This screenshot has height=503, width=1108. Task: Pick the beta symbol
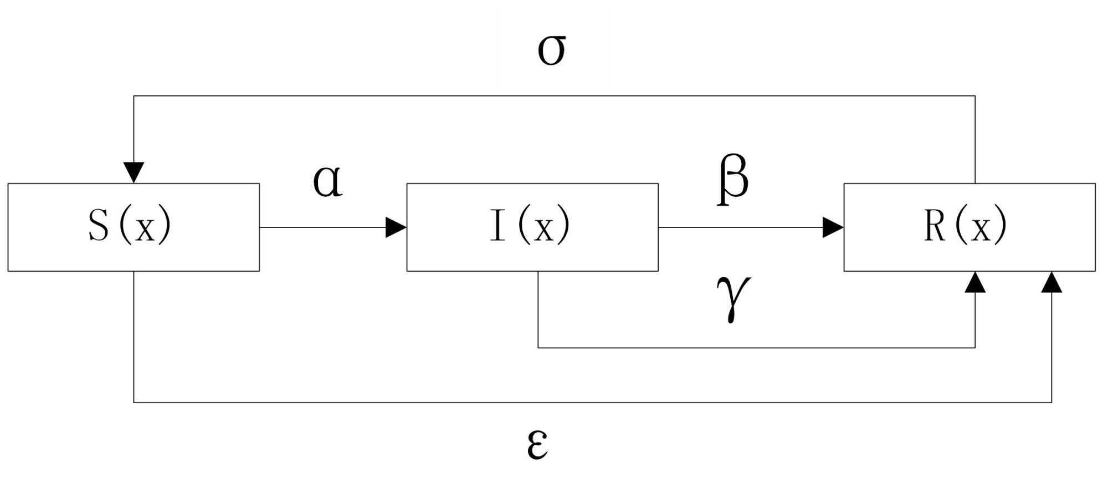(x=733, y=179)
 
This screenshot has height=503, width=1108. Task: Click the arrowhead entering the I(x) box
(x=396, y=227)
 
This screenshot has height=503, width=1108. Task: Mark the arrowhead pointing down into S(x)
(x=134, y=172)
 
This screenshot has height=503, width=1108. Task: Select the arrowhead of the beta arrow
(x=833, y=227)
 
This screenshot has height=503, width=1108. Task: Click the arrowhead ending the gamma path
(x=975, y=282)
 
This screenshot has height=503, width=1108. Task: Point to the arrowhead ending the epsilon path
(x=1051, y=282)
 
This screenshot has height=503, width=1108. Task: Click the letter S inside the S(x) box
(x=99, y=225)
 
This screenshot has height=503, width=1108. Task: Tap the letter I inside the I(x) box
(x=497, y=225)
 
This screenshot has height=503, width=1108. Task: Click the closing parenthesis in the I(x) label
(x=563, y=225)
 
